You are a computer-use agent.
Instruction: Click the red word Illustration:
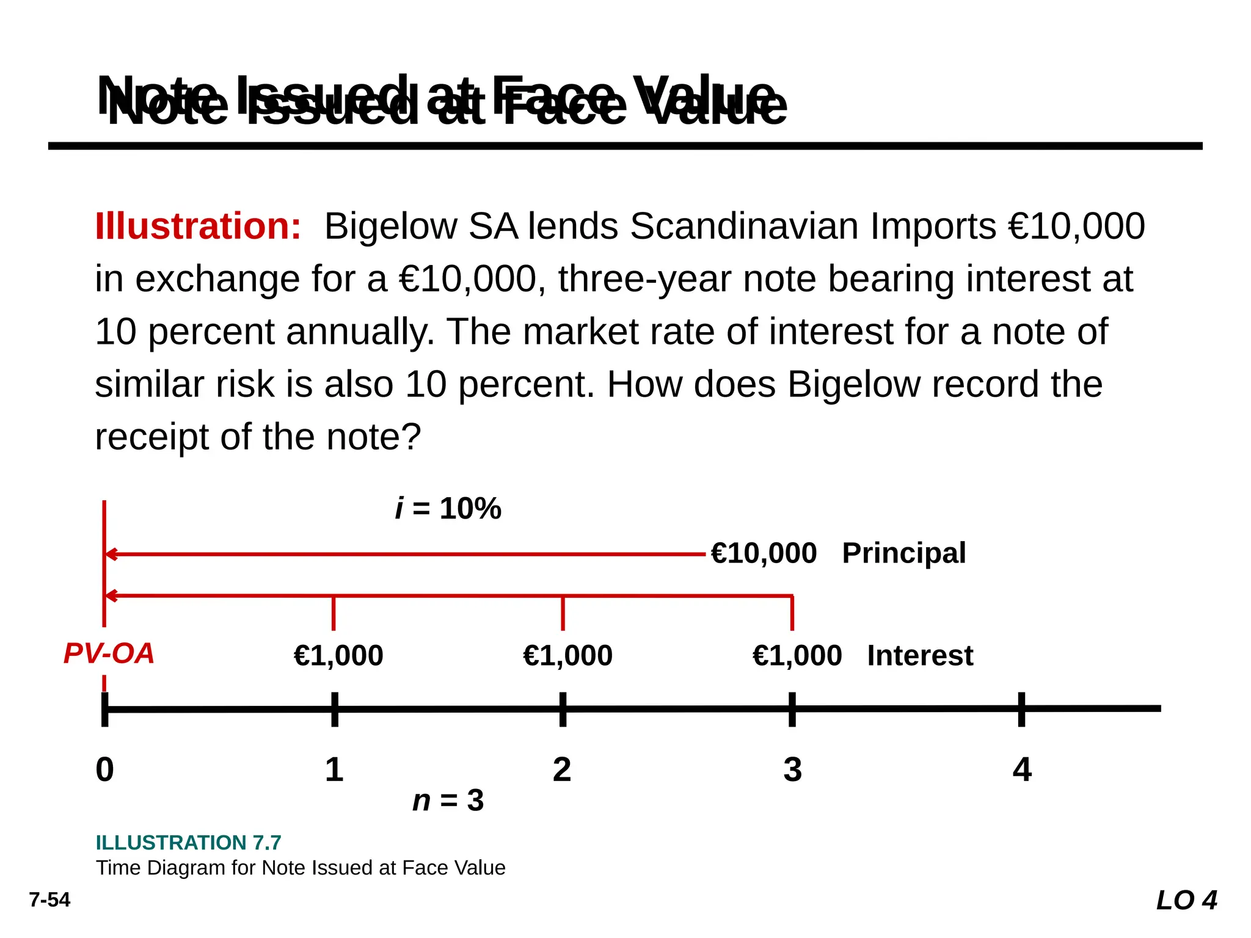tap(198, 227)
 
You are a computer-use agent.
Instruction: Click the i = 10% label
tap(448, 508)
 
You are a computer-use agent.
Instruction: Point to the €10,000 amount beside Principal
tap(764, 553)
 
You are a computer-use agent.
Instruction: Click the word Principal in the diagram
tap(903, 553)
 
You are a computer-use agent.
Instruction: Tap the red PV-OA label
tap(109, 654)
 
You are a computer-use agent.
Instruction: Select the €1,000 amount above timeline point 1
tap(338, 656)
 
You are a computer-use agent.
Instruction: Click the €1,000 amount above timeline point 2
tap(567, 656)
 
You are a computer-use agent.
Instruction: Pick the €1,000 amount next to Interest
tap(797, 656)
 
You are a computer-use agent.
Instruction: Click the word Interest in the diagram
tap(920, 656)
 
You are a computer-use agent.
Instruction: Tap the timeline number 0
tap(105, 769)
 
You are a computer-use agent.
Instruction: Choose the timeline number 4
tap(1022, 769)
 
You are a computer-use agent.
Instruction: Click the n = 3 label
tap(448, 801)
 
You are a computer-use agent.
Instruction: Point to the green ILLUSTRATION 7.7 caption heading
tap(188, 843)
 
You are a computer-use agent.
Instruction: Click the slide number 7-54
tap(49, 900)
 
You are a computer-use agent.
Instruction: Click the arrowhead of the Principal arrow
tap(111, 554)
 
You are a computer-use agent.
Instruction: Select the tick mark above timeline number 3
tap(792, 709)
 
